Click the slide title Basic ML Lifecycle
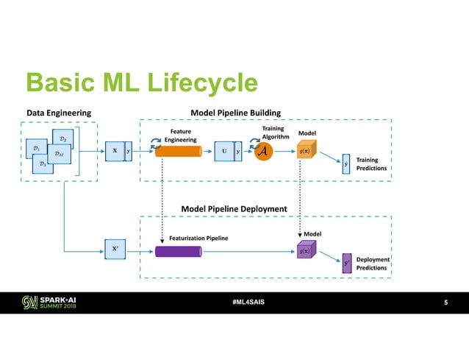(141, 83)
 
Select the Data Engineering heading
(59, 112)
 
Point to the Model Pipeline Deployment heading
(234, 209)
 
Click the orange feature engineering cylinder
(179, 152)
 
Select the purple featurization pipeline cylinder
(179, 252)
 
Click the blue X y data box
(118, 151)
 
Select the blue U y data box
(228, 151)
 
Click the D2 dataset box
(62, 139)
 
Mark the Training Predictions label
(371, 163)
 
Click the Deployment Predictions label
(371, 264)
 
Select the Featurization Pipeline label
(198, 239)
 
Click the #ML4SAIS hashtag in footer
(233, 303)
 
